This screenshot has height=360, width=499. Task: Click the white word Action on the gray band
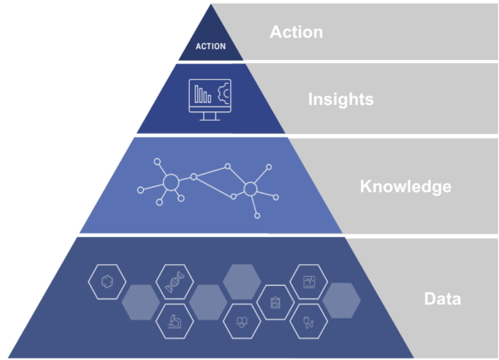296,32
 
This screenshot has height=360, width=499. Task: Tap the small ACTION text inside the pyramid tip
210,46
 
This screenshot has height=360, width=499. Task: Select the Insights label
341,100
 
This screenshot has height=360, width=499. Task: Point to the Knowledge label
405,186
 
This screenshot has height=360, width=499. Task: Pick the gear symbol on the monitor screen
224,91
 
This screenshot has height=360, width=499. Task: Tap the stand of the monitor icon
210,115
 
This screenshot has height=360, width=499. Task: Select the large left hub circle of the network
170,182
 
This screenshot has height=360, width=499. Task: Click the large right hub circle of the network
249,190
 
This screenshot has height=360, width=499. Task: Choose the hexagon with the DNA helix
175,282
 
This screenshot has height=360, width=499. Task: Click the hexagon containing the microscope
175,320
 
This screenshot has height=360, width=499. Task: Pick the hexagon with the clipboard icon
274,301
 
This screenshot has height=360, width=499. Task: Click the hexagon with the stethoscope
307,320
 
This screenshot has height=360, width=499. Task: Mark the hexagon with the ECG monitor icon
308,282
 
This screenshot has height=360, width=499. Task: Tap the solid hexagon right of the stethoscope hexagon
341,301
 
